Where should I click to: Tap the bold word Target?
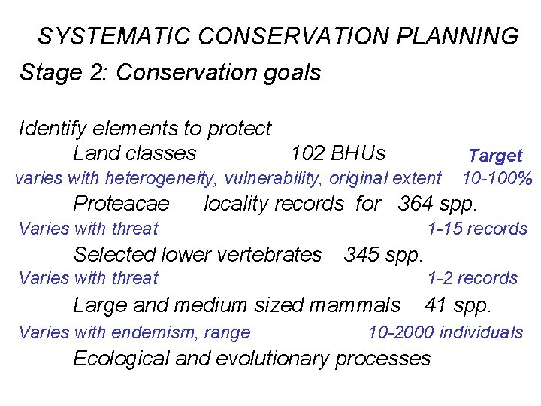495,156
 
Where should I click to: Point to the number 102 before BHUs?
307,153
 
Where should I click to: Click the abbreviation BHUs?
358,153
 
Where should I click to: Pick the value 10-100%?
497,178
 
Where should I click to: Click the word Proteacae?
121,204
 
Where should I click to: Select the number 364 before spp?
415,204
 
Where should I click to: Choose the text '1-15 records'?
477,229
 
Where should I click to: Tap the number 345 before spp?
361,254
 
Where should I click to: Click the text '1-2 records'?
473,278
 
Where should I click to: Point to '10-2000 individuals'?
445,332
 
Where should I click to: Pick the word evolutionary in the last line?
273,358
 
